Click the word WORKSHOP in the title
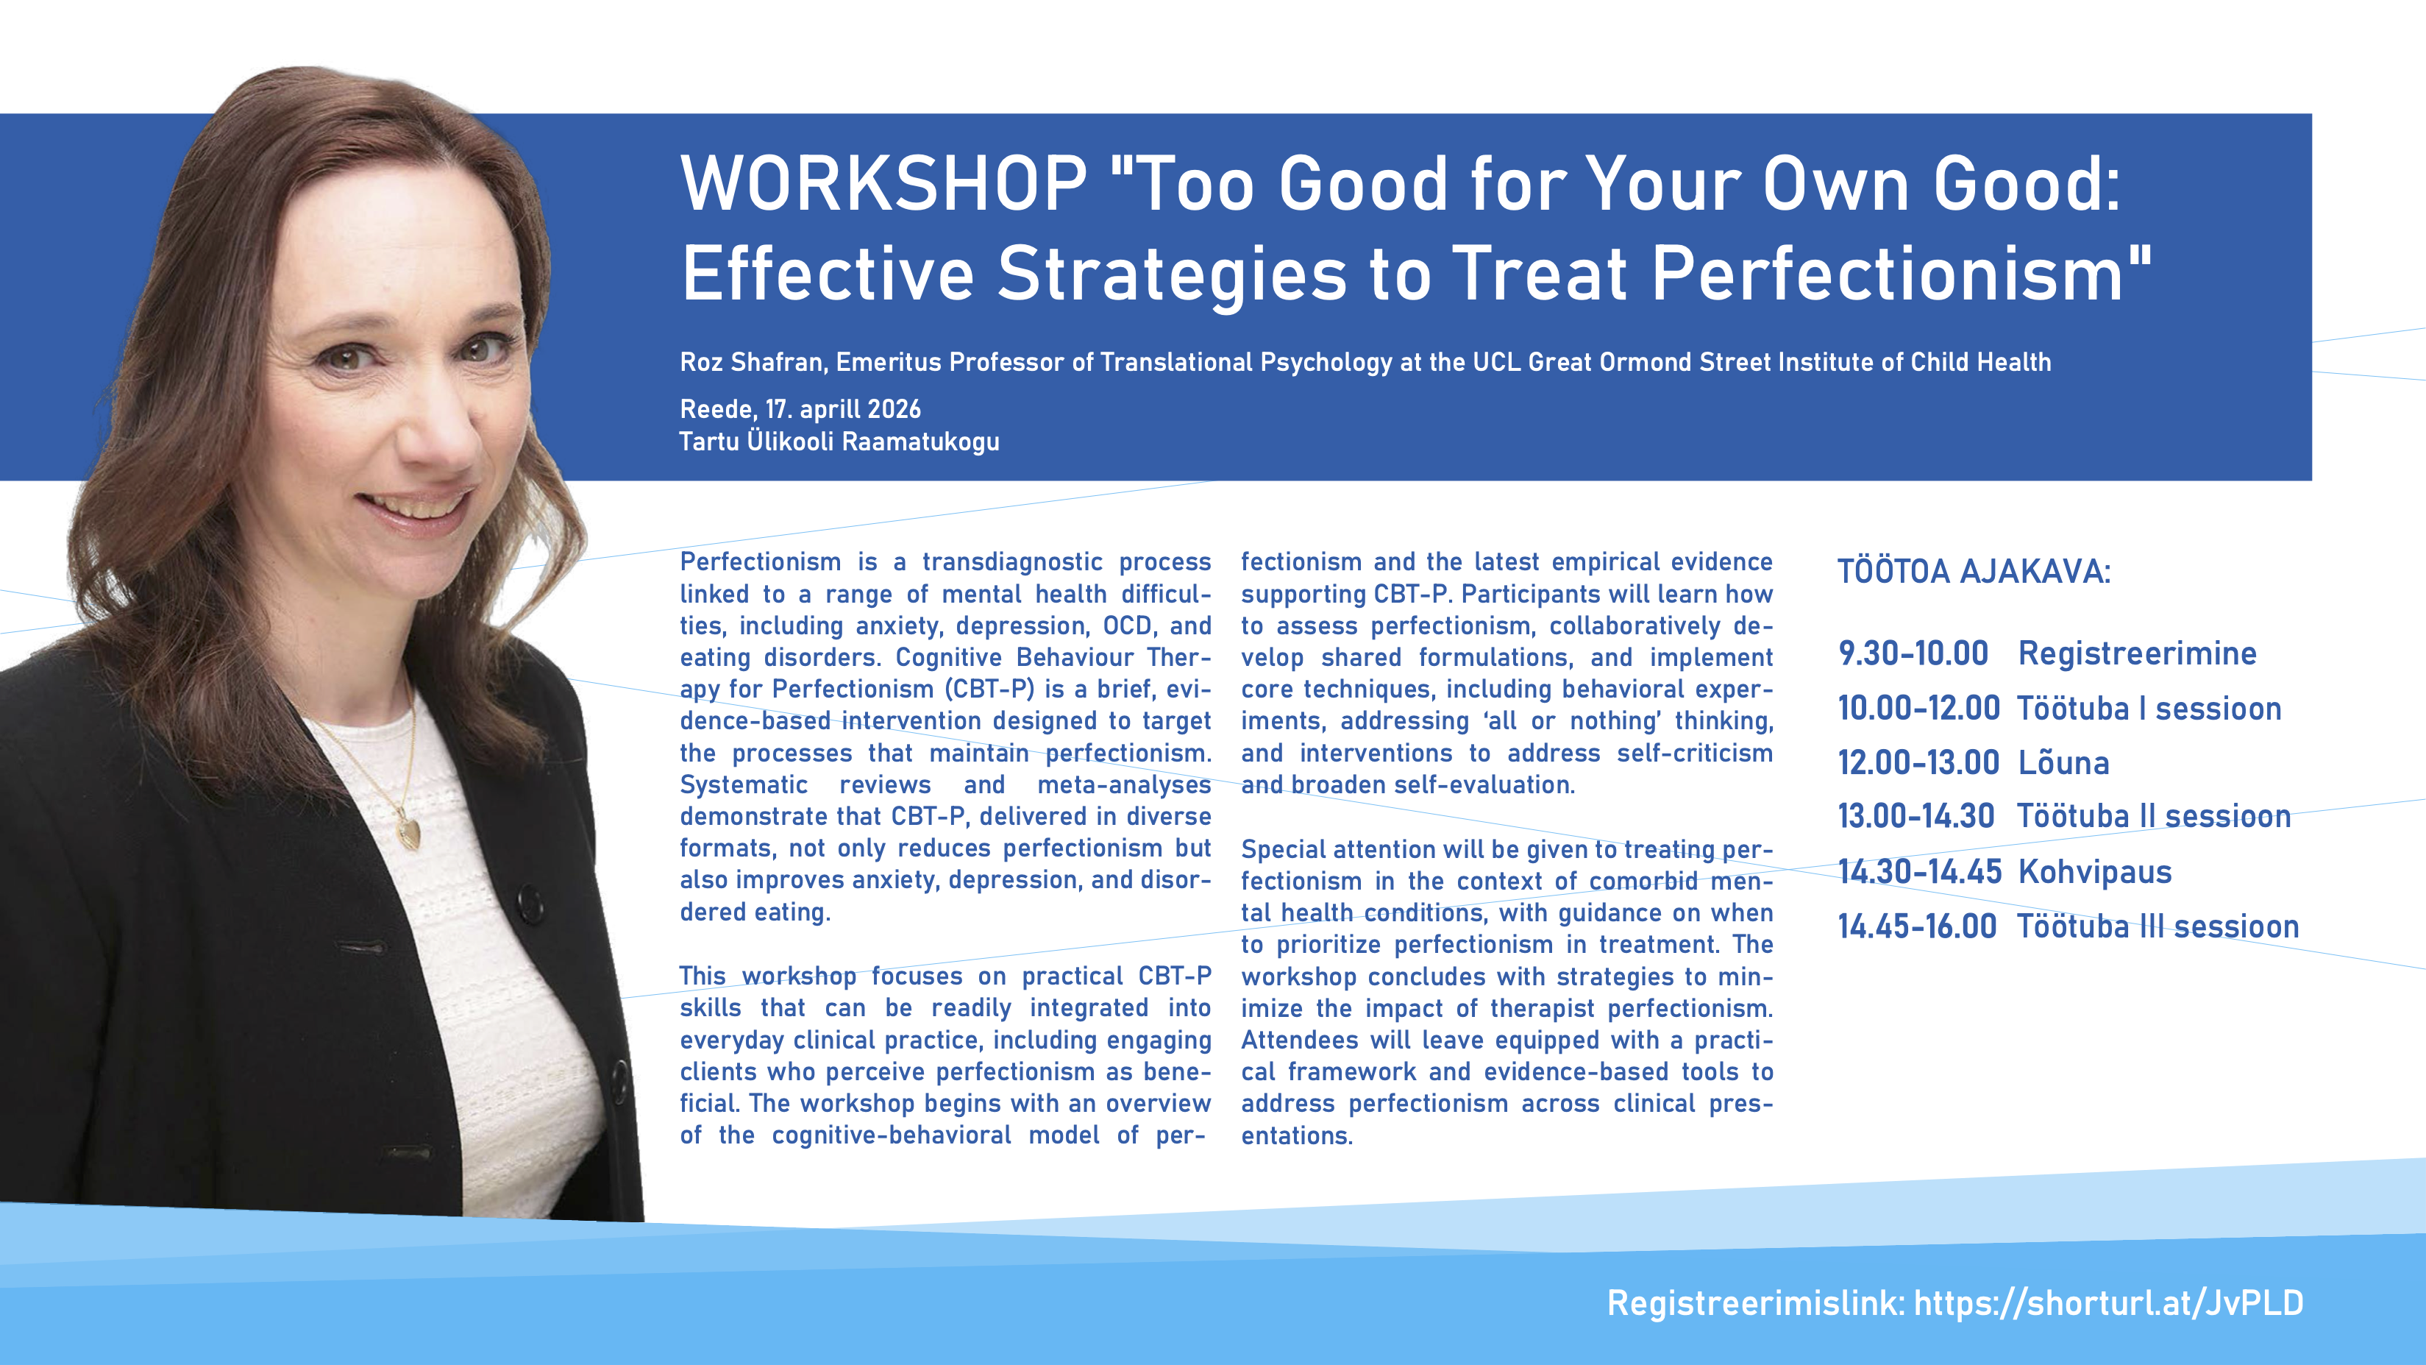pyautogui.click(x=883, y=184)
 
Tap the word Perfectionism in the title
pyautogui.click(x=1888, y=274)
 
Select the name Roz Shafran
pyautogui.click(x=753, y=362)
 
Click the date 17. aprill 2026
pyautogui.click(x=843, y=409)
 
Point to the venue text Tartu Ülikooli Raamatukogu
pyautogui.click(x=839, y=441)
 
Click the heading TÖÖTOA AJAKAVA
pyautogui.click(x=1974, y=571)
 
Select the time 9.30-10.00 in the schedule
pyautogui.click(x=1913, y=653)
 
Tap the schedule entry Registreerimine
pyautogui.click(x=2137, y=653)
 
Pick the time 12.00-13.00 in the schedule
pyautogui.click(x=1918, y=762)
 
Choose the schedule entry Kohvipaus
pyautogui.click(x=2094, y=872)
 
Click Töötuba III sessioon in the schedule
pyautogui.click(x=2158, y=926)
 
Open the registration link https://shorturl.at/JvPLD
pyautogui.click(x=2109, y=1303)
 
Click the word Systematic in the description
pyautogui.click(x=743, y=784)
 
